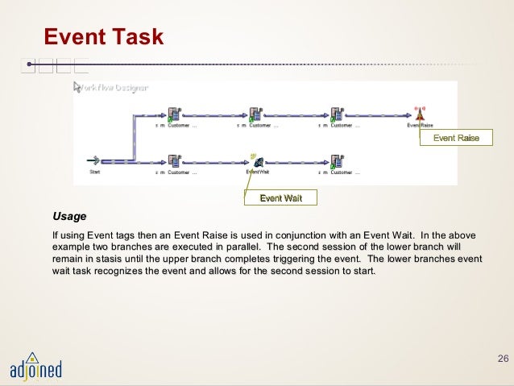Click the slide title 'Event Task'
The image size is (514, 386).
tap(103, 36)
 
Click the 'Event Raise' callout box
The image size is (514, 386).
tap(456, 139)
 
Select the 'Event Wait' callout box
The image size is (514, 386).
tap(280, 198)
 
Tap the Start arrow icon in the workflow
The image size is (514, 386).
tap(94, 160)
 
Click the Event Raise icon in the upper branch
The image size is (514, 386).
tap(419, 114)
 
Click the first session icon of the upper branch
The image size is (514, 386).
tap(173, 114)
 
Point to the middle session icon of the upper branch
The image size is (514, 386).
tap(255, 114)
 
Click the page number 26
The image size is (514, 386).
tap(504, 357)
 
